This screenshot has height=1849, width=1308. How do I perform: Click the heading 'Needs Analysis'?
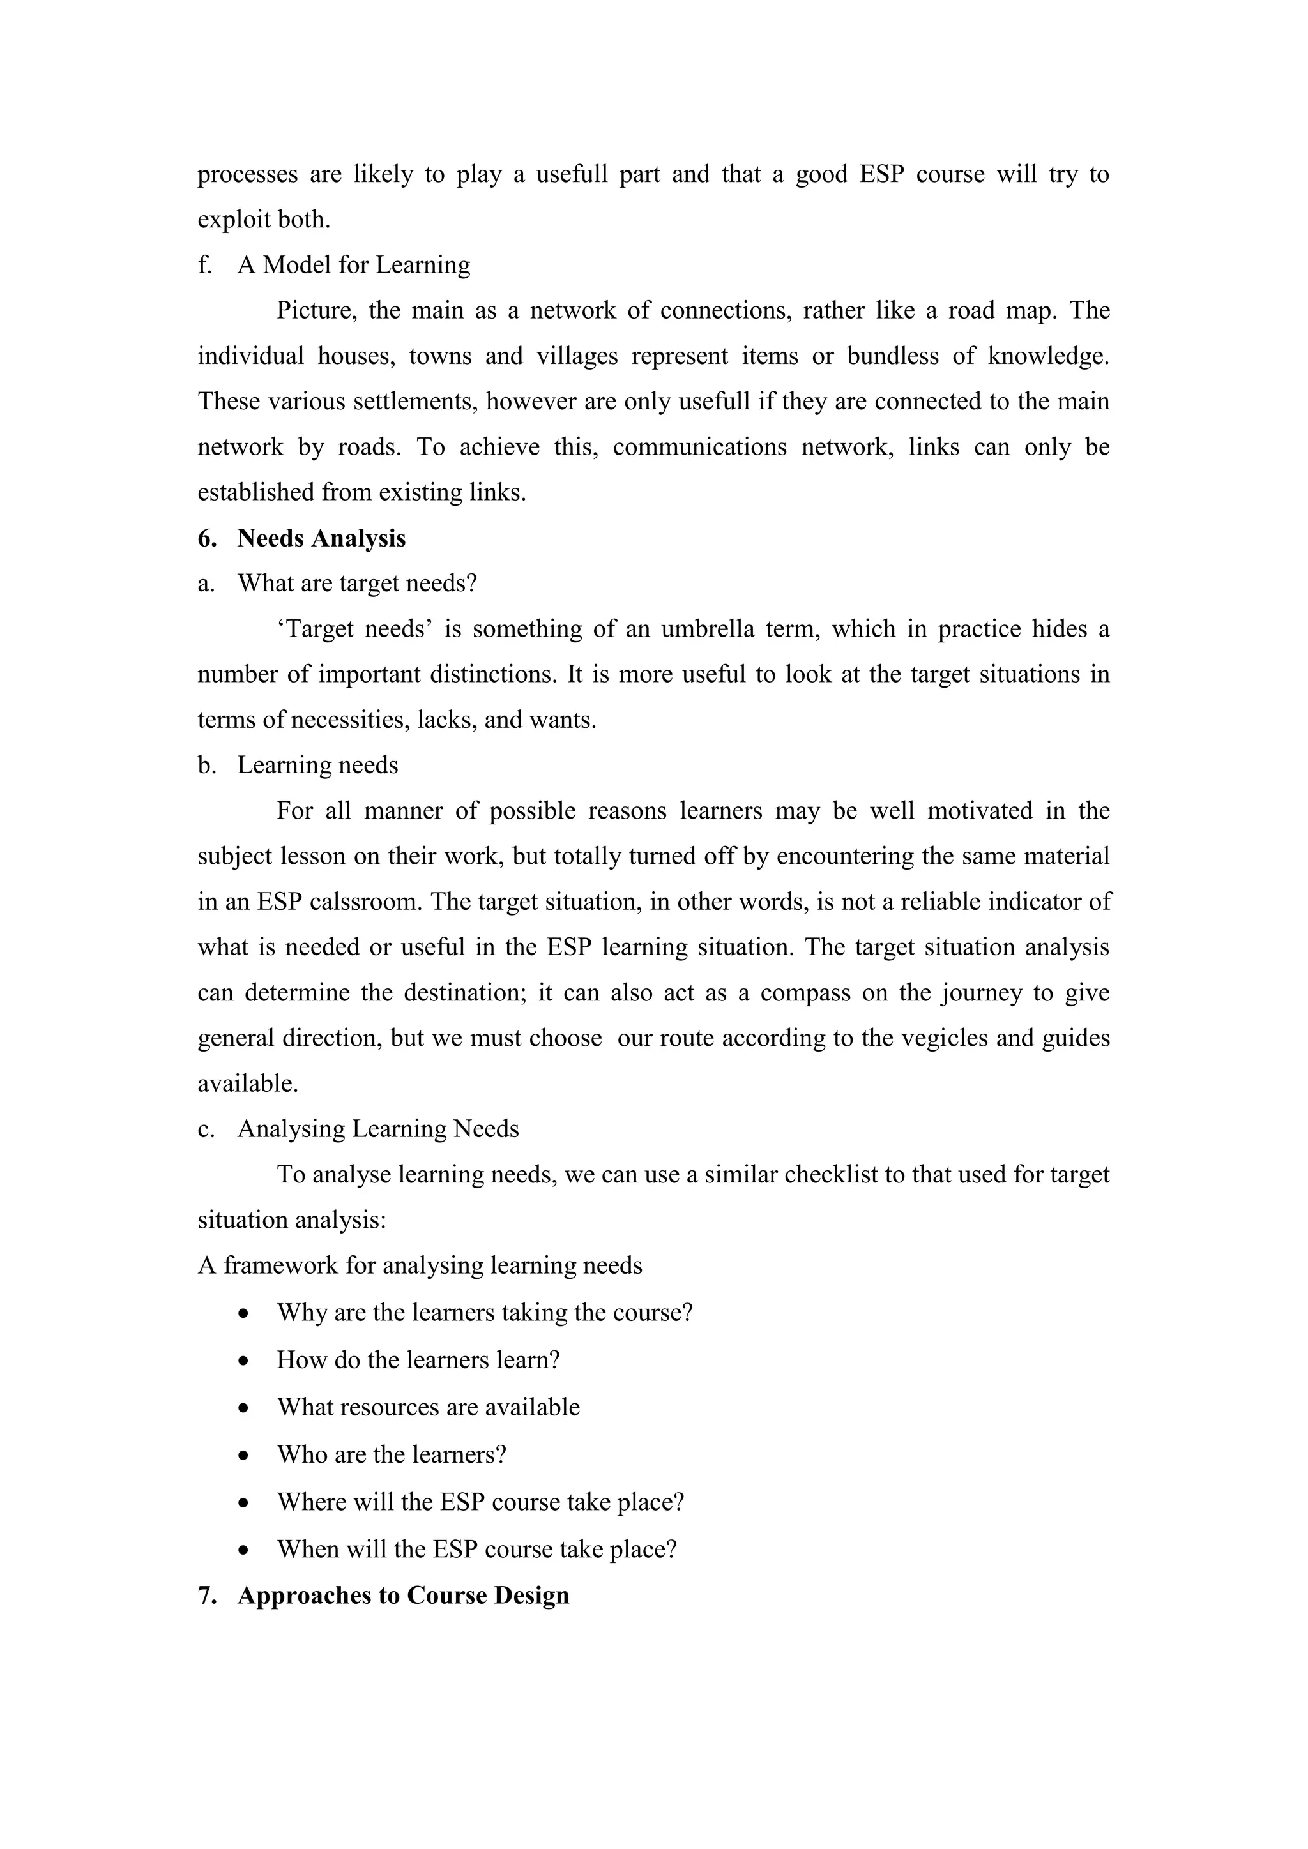pos(321,538)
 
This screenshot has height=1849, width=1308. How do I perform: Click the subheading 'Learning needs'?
pos(317,765)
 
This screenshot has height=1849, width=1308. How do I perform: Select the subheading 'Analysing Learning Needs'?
pos(377,1129)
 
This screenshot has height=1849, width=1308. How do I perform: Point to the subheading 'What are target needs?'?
pos(357,583)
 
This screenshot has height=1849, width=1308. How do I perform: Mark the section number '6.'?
pos(207,538)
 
